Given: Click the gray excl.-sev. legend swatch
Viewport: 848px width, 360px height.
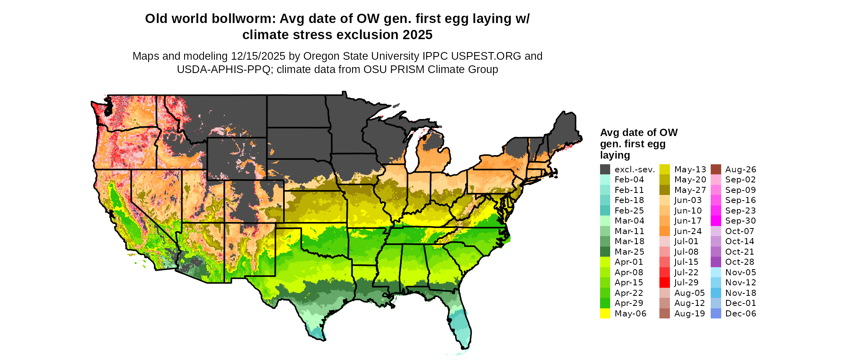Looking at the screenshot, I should point(605,170).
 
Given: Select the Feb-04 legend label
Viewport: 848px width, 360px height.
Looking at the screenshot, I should point(629,180).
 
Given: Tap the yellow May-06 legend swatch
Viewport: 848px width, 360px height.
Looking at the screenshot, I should point(605,314).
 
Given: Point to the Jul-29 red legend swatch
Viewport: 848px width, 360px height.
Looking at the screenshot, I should point(665,283).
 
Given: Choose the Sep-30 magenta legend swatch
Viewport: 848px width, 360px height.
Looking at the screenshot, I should point(716,221).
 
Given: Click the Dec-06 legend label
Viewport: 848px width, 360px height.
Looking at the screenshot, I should point(741,314).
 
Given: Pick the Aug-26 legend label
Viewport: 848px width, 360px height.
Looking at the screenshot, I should point(741,170).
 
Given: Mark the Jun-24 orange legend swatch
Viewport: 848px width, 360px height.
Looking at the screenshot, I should point(665,231).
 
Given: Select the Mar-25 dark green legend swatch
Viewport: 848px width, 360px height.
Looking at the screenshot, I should point(605,252).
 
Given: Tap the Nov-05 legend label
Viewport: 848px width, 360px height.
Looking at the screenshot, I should point(741,272).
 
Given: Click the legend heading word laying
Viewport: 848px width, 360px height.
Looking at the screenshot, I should point(615,155).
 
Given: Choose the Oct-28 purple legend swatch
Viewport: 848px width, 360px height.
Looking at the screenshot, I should point(716,262).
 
